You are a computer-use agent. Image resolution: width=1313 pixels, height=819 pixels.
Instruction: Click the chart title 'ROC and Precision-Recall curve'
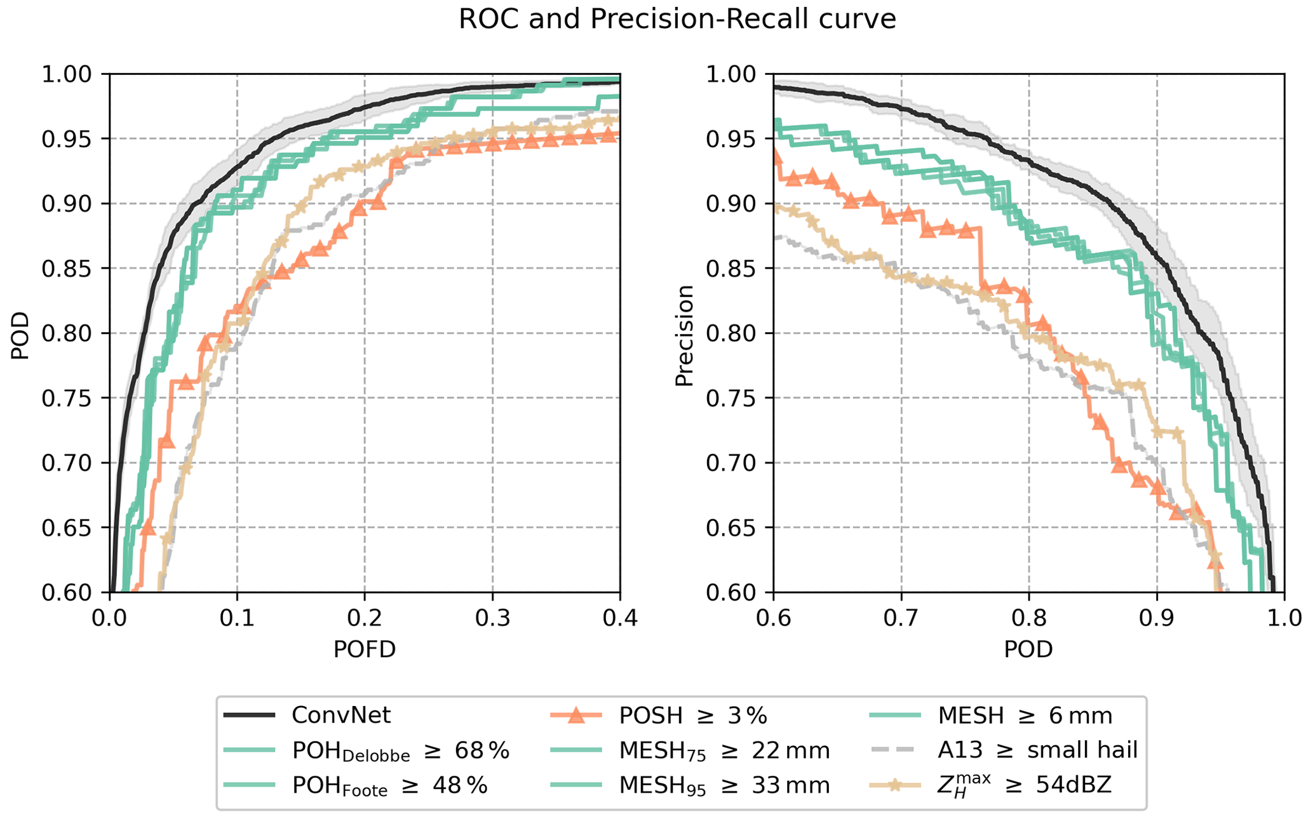(x=677, y=20)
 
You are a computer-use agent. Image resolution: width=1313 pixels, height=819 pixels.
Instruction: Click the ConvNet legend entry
(x=340, y=716)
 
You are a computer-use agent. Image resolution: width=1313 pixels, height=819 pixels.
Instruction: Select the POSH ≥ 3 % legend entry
(x=692, y=716)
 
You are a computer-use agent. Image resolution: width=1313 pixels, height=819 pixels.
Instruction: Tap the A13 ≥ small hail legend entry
(x=1037, y=750)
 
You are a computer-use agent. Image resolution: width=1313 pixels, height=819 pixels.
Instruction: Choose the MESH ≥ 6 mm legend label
(x=1025, y=716)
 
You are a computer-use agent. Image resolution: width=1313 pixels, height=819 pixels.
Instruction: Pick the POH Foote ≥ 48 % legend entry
(x=389, y=786)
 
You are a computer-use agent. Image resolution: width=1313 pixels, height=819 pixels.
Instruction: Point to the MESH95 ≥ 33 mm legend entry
(x=724, y=786)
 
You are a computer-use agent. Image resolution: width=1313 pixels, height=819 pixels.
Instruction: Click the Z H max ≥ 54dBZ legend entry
(x=1023, y=786)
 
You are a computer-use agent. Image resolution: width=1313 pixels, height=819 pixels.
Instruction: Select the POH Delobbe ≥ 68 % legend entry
(x=400, y=751)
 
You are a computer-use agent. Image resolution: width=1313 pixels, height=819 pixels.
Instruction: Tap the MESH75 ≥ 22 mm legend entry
(x=724, y=751)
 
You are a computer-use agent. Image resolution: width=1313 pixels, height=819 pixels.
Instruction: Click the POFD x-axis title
(x=365, y=649)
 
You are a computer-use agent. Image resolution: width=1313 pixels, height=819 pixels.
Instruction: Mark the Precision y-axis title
(x=684, y=335)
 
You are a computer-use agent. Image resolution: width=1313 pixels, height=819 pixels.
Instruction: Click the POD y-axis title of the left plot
(x=20, y=335)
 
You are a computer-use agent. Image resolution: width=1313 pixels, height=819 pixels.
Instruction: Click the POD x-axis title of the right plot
(x=1028, y=649)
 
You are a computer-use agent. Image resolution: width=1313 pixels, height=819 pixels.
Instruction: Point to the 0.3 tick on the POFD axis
(x=492, y=617)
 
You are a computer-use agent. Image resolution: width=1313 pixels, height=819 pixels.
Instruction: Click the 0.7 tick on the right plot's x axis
(x=901, y=617)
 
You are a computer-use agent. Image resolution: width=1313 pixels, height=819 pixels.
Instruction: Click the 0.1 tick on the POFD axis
(x=237, y=617)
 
